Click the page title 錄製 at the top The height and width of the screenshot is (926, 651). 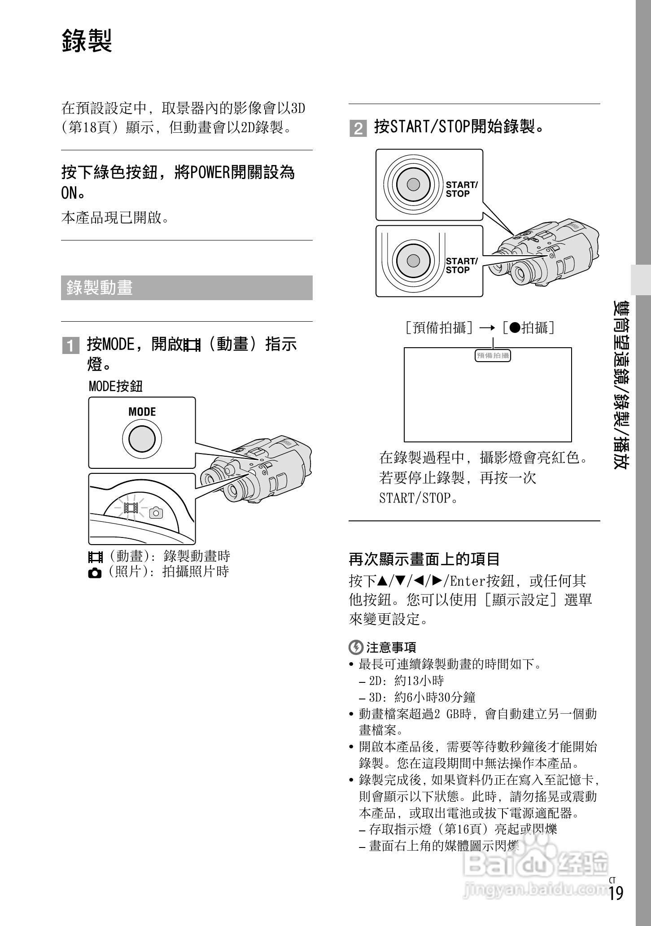coord(87,41)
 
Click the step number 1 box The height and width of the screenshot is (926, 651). coord(70,346)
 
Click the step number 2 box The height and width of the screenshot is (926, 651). coord(358,129)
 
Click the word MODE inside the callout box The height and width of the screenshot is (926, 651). coord(142,412)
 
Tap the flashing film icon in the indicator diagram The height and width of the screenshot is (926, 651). coord(131,508)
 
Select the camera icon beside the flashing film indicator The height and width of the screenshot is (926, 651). coord(156,512)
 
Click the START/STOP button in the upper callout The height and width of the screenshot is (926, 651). coord(413,184)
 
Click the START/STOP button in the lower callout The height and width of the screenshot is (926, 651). coord(413,261)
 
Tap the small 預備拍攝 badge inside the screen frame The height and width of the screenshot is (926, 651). coord(493,356)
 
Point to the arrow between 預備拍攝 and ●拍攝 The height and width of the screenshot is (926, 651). coord(487,328)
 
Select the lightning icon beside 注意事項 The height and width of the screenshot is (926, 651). coord(355,647)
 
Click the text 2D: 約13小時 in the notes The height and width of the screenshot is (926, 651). coord(406,681)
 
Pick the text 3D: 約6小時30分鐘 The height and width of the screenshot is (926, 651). coord(422,698)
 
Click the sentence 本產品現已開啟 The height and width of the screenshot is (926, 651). coord(115,218)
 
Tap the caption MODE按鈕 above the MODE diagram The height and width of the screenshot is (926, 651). coord(115,386)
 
